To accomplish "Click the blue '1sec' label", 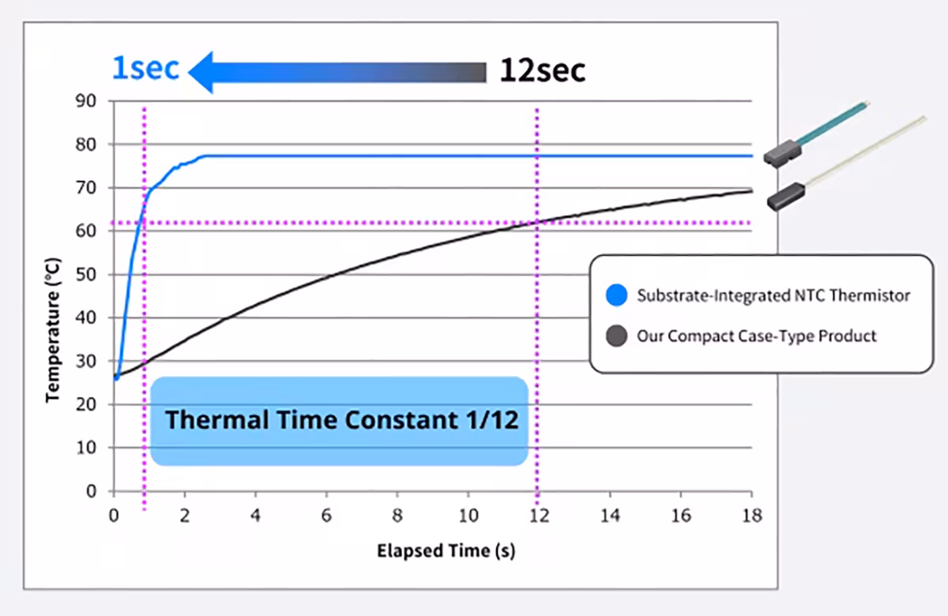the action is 145,68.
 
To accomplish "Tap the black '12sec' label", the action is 543,69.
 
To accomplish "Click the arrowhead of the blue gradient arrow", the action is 201,73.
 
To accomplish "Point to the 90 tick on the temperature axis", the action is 86,101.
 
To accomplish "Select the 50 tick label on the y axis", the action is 86,275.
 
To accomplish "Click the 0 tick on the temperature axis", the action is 92,491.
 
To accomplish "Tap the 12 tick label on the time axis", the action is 539,516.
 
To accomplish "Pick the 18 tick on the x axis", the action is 752,516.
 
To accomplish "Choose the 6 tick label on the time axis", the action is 326,516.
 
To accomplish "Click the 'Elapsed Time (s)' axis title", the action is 446,551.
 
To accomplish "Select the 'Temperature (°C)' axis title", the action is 53,330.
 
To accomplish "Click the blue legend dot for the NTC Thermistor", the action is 616,295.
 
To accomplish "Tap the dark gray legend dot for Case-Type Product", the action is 616,336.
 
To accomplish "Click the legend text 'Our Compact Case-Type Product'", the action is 757,336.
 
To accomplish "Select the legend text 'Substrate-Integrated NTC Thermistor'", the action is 773,295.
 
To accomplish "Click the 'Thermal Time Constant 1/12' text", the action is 342,419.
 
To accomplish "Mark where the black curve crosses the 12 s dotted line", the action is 537,222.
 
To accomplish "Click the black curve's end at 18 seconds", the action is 752,191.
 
